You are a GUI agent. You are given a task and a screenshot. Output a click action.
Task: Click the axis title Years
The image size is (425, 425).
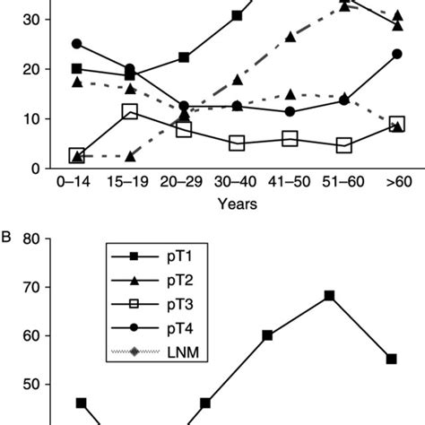pyautogui.click(x=238, y=204)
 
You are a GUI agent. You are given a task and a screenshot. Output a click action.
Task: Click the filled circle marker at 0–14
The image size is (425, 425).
pyautogui.click(x=77, y=44)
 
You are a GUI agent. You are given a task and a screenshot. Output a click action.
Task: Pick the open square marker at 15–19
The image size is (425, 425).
pyautogui.click(x=130, y=112)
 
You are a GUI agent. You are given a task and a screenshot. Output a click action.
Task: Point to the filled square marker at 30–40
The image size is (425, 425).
pyautogui.click(x=238, y=15)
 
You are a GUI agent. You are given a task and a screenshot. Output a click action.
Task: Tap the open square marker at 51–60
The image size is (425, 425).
pyautogui.click(x=343, y=145)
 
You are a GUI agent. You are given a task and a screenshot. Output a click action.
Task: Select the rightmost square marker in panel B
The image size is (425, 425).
pyautogui.click(x=391, y=359)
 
